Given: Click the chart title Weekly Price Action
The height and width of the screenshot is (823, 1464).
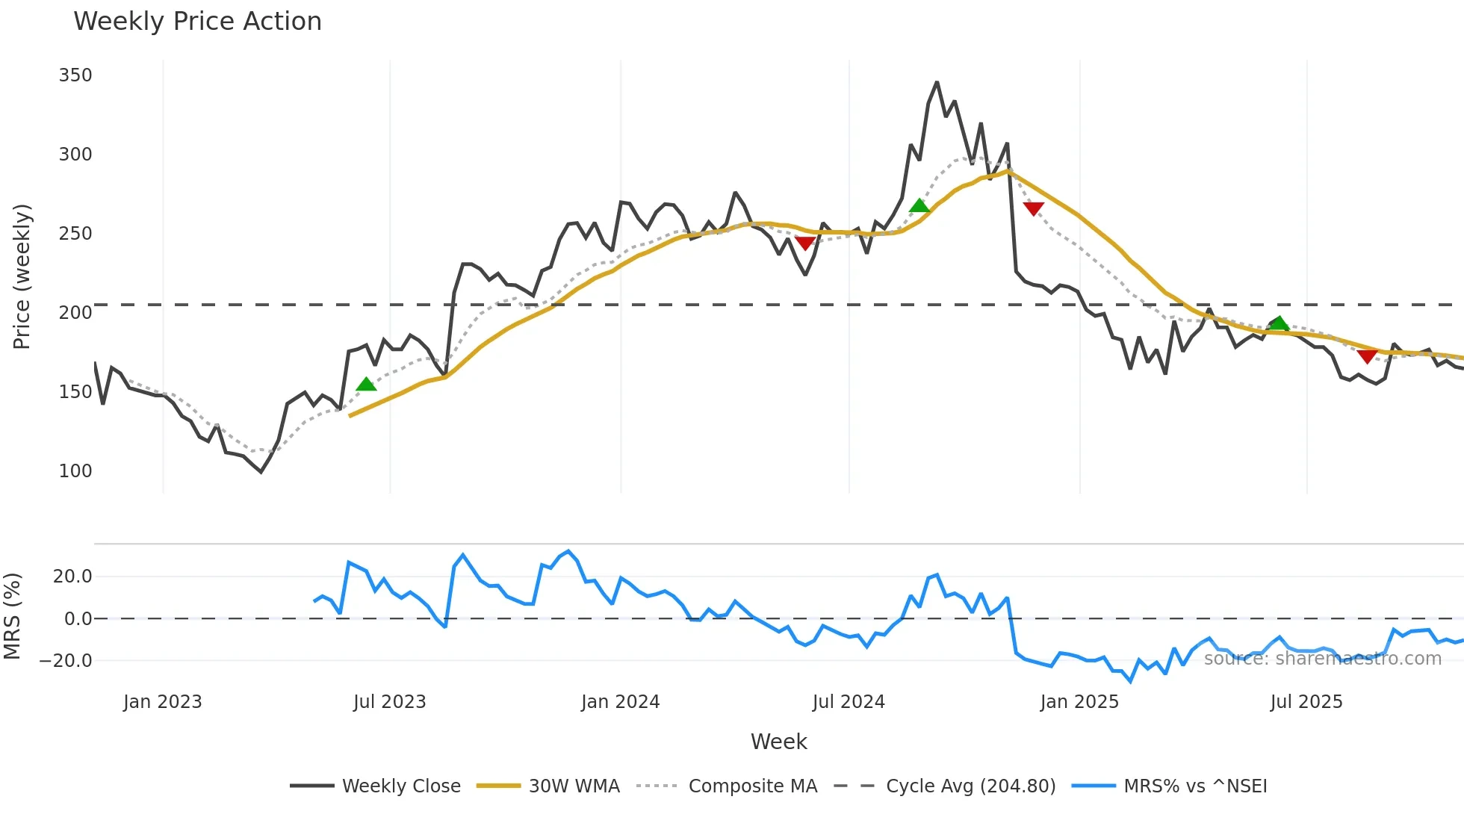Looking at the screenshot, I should point(197,22).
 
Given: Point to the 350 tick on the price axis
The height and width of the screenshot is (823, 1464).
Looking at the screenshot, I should point(75,75).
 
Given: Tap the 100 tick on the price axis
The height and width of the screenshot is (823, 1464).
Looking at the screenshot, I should point(75,471).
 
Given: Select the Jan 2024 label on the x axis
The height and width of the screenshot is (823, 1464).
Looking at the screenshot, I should point(620,702).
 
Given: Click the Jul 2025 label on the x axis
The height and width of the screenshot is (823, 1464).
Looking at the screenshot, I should point(1306,702).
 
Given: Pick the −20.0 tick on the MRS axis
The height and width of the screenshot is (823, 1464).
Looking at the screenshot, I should point(66,661).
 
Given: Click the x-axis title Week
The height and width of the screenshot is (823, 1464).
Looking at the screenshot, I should point(778,742).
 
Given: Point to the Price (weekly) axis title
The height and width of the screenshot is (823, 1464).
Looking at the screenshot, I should point(22,276).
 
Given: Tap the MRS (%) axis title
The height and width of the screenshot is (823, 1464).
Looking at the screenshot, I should point(12,616).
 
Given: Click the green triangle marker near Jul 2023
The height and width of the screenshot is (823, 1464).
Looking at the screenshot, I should point(366,385).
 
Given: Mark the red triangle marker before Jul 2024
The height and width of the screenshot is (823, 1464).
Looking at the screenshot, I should point(805,243).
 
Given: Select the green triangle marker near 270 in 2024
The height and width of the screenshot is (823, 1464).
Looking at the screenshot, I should point(919,206).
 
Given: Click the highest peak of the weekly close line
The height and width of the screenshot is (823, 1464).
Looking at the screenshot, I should point(937,82).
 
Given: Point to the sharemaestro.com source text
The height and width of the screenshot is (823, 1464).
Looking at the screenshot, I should point(1322,659).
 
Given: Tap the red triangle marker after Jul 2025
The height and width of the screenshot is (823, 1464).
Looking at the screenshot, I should point(1367,357).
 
